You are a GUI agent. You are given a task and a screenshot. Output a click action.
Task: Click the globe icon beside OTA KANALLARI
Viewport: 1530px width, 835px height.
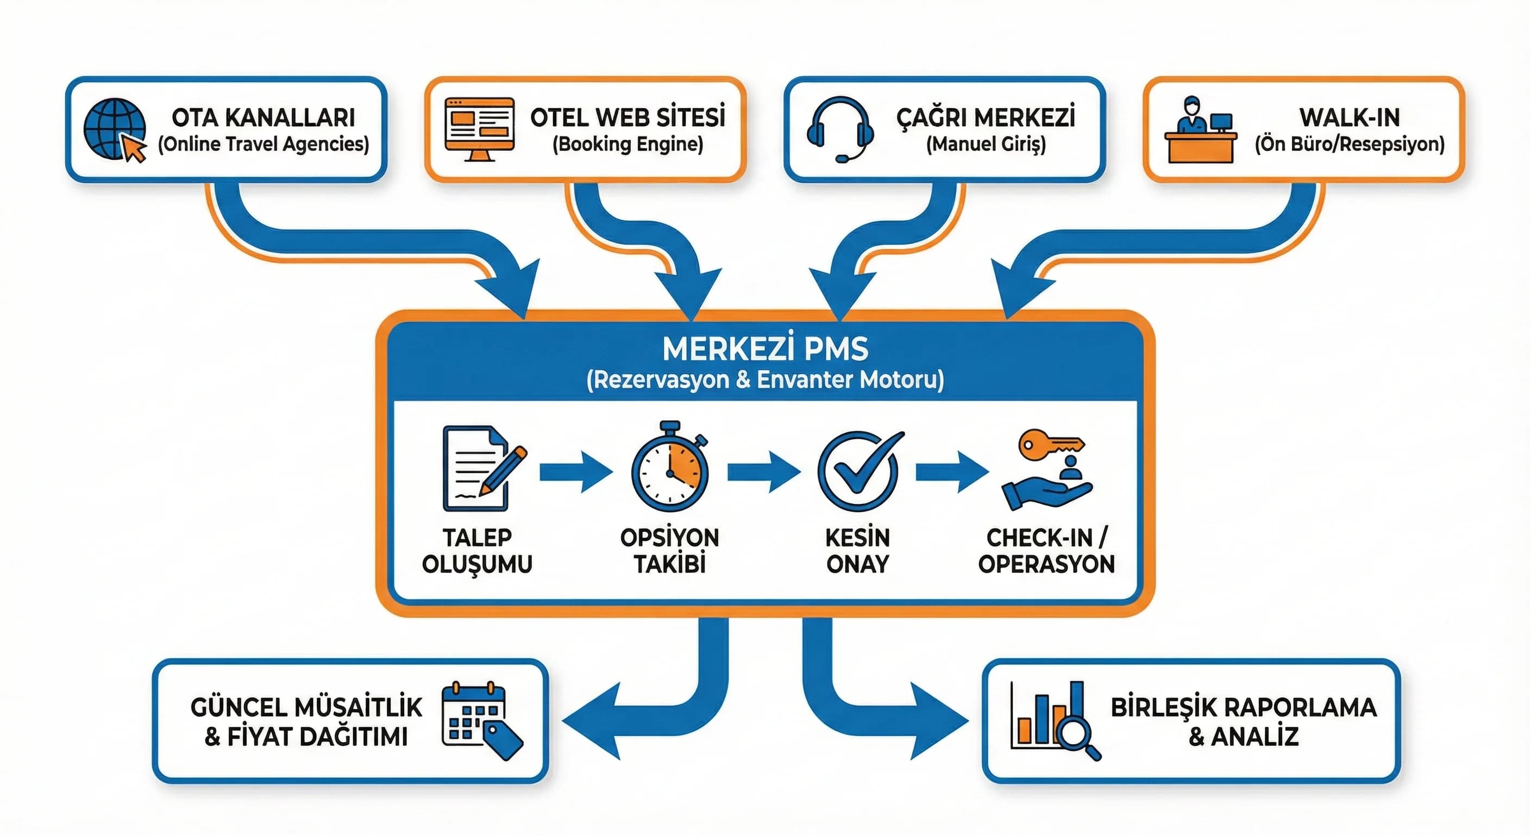114,129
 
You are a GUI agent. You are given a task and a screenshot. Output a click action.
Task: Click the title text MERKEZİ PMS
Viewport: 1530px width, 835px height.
765,349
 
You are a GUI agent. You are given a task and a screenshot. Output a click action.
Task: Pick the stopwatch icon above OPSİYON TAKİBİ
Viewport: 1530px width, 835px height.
670,468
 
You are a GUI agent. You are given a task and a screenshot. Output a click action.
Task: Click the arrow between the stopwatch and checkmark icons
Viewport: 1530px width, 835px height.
763,472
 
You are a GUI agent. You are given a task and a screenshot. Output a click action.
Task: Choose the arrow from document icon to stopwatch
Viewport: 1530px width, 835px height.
575,472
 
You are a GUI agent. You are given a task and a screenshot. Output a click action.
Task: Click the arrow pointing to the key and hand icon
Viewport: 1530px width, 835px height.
951,472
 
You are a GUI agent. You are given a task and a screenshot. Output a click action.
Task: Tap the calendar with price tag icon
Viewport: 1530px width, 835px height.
480,720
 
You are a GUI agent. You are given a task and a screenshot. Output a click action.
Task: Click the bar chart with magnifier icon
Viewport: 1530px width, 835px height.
1054,720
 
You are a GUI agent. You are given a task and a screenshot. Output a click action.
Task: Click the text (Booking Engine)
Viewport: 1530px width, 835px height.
627,145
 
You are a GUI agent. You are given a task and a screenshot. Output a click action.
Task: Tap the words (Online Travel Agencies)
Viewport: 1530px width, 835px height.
263,145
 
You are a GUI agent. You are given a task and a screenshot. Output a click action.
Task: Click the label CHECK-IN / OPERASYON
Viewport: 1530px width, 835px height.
1046,550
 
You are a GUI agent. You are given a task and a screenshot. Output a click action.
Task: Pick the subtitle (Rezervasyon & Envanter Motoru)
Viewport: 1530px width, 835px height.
765,380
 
